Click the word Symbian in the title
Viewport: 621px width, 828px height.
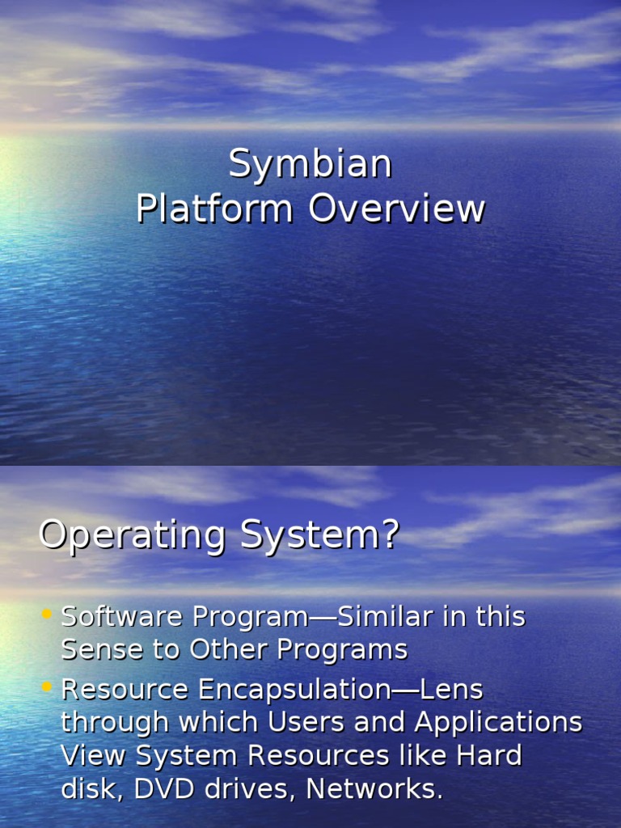(x=310, y=165)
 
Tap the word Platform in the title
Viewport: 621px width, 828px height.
(x=214, y=209)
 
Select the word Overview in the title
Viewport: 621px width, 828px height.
(x=396, y=209)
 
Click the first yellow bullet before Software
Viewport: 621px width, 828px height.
(x=47, y=615)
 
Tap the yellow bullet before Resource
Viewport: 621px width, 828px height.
(x=47, y=688)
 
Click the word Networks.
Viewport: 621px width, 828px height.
(x=374, y=788)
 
